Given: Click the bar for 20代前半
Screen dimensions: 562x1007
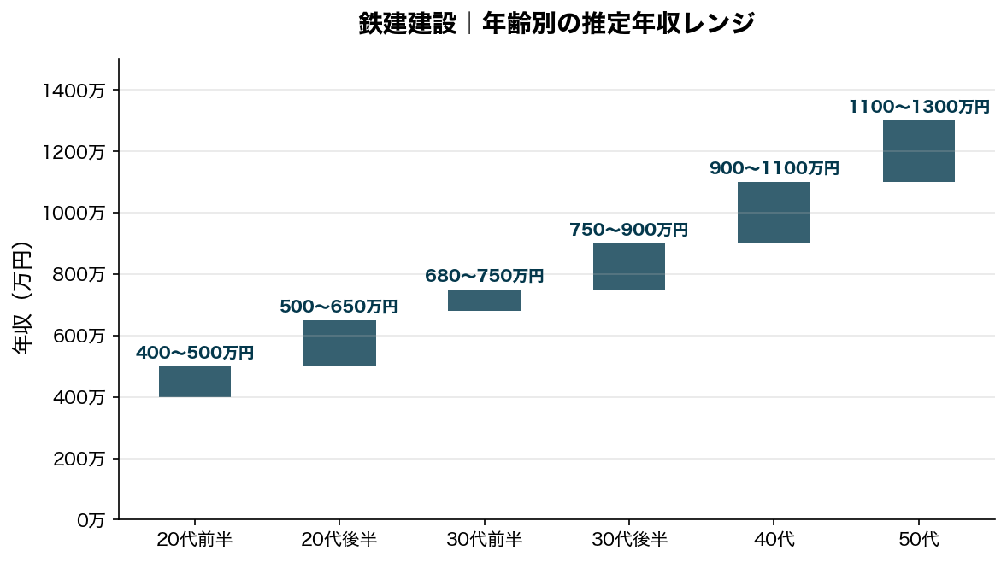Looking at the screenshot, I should point(195,382).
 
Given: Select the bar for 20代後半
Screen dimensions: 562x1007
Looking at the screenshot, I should point(339,343).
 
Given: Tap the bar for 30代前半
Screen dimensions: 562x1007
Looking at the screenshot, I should point(484,300).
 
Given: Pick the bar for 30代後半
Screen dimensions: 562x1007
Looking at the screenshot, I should point(629,266).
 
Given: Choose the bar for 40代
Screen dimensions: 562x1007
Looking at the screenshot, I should point(774,213).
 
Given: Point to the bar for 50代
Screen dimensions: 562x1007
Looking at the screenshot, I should point(918,151).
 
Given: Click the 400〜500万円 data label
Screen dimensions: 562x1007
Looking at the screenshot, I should point(195,353).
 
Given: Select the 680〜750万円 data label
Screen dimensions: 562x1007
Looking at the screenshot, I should point(484,276).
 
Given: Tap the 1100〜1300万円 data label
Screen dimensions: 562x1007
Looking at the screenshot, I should point(918,107).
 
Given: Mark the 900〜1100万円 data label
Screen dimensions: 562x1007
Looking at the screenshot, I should point(774,168).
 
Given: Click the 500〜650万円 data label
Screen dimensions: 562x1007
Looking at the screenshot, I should point(339,307).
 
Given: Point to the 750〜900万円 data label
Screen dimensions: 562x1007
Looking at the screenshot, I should point(629,230).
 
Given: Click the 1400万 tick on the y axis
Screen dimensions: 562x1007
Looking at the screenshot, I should point(74,91).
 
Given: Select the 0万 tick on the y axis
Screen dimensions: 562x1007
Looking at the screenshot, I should point(90,520).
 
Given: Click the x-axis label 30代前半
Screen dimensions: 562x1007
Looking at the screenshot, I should point(484,540).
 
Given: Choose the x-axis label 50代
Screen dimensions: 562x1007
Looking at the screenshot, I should point(918,540).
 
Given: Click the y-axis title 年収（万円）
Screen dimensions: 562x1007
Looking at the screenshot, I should point(23,298).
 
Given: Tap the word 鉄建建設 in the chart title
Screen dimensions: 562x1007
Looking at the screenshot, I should point(407,23).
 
